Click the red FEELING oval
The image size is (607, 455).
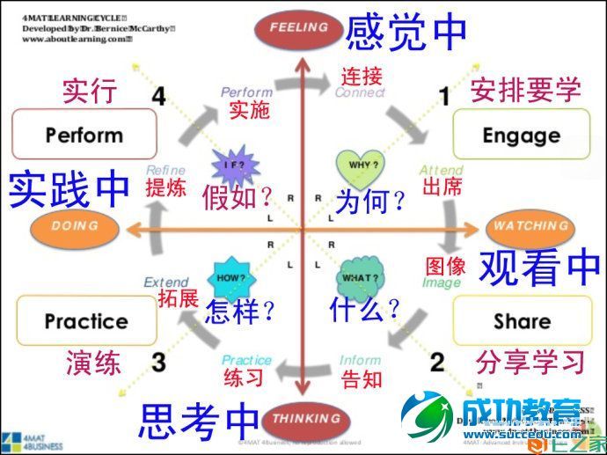point(299,27)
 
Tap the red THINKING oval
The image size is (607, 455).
point(300,418)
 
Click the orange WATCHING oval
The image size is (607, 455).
point(530,227)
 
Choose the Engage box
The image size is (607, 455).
point(521,135)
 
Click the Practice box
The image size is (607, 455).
point(86,320)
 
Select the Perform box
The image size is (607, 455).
point(84,135)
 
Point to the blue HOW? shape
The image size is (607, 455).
point(230,277)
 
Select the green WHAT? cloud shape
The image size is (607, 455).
point(360,278)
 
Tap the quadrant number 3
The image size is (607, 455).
point(158,362)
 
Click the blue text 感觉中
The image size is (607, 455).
point(406,32)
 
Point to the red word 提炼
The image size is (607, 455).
point(166,186)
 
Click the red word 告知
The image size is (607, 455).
point(362,379)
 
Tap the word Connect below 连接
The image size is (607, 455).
point(360,92)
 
